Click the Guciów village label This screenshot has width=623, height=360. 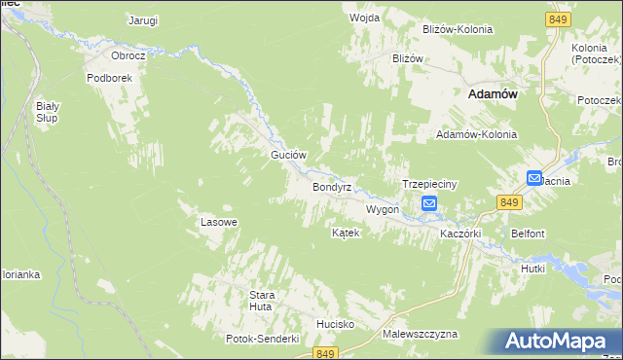(288, 156)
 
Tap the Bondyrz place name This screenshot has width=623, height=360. (331, 186)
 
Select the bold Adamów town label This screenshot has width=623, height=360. (493, 93)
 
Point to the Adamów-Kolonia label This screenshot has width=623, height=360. (476, 134)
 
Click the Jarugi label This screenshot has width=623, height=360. (143, 19)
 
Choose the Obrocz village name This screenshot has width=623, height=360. (128, 56)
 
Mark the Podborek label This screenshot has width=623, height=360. (108, 78)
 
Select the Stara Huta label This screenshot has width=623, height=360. (263, 301)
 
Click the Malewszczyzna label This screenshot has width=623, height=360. (420, 334)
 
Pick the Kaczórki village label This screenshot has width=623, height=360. (462, 234)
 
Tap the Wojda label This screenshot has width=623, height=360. (364, 18)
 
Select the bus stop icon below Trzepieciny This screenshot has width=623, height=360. (429, 203)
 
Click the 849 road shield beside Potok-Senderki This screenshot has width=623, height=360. (326, 352)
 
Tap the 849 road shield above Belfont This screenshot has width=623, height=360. (509, 201)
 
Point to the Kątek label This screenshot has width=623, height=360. (346, 234)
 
